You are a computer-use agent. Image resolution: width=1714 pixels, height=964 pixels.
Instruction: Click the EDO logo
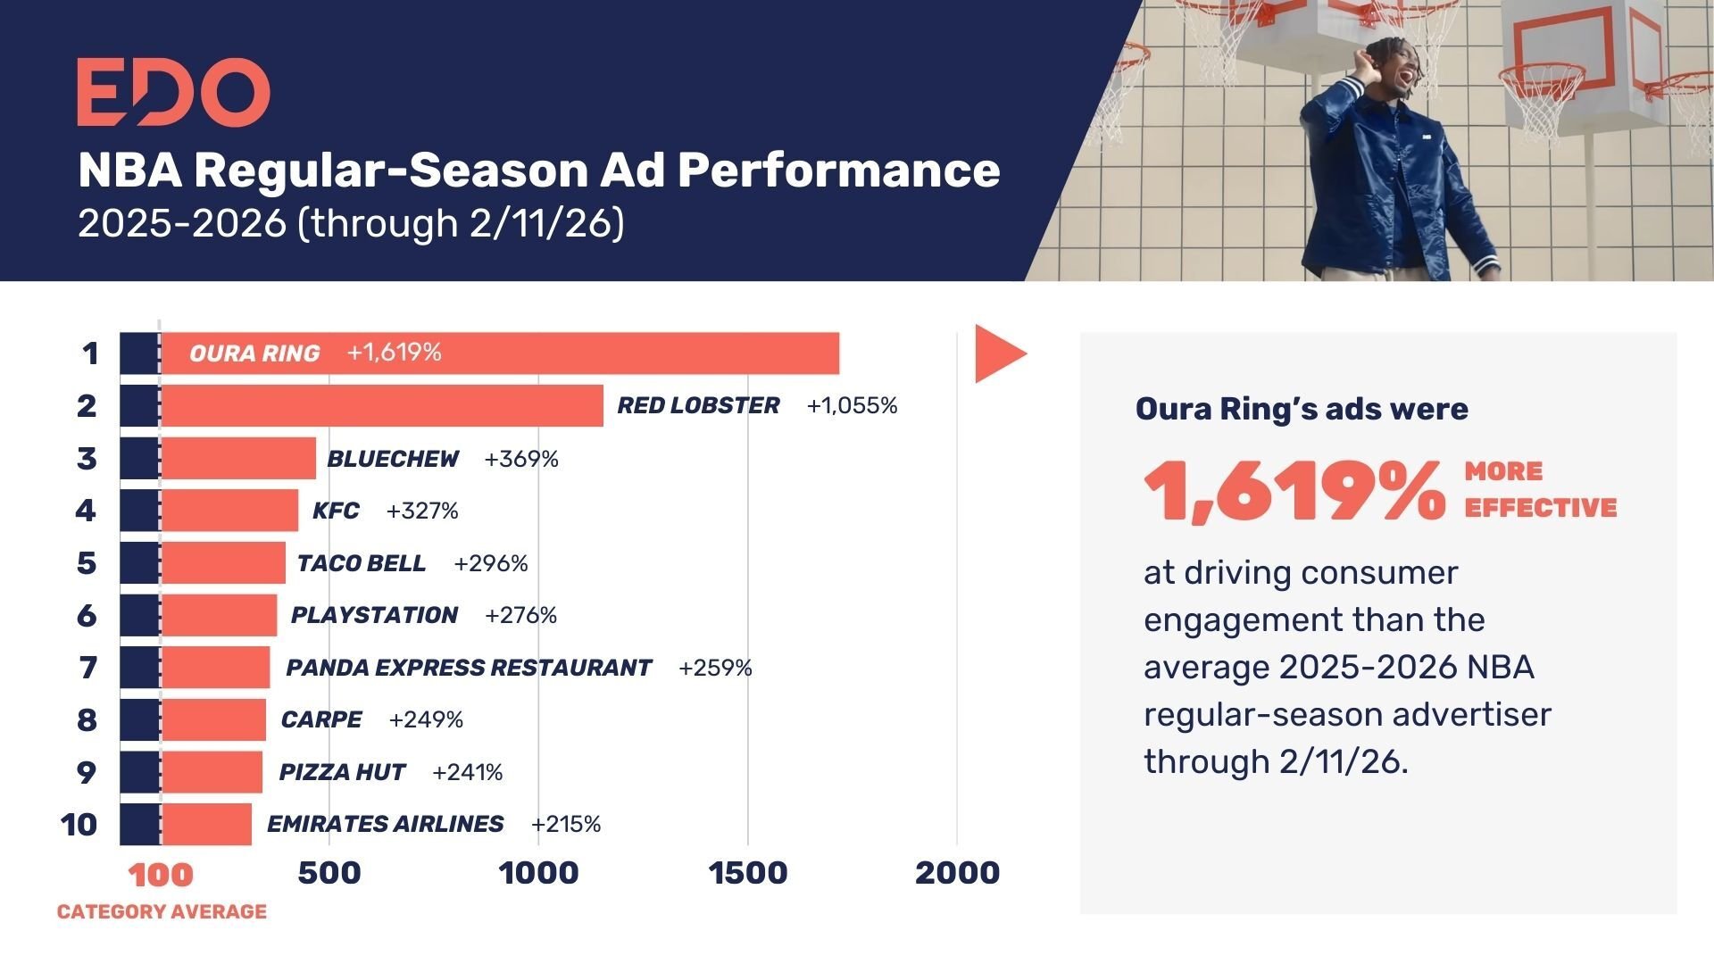tap(173, 92)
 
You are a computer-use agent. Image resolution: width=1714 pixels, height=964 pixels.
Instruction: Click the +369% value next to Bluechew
tap(521, 459)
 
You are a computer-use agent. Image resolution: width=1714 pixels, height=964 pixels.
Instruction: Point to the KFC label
tap(336, 511)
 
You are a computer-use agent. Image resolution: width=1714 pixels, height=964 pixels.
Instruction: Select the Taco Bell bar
tap(223, 563)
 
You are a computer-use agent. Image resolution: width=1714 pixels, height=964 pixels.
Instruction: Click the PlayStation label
tap(374, 615)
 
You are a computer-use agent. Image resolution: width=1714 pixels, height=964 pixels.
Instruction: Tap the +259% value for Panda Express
tap(715, 668)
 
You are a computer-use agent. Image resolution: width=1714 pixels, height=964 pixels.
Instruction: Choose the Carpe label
tap(321, 719)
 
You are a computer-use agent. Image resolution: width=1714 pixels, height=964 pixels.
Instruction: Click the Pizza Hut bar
tap(212, 772)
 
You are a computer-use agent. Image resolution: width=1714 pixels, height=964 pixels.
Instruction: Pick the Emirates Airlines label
tap(385, 824)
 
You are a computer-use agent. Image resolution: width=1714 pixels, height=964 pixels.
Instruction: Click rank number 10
tap(79, 824)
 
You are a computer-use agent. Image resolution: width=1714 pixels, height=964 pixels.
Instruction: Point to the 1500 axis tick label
tap(748, 873)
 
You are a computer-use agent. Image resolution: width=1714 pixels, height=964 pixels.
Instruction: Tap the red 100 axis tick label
tap(161, 875)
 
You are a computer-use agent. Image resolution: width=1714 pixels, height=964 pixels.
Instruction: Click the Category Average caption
tap(162, 911)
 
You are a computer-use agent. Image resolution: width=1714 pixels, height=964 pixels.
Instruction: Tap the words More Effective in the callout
tap(1539, 489)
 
